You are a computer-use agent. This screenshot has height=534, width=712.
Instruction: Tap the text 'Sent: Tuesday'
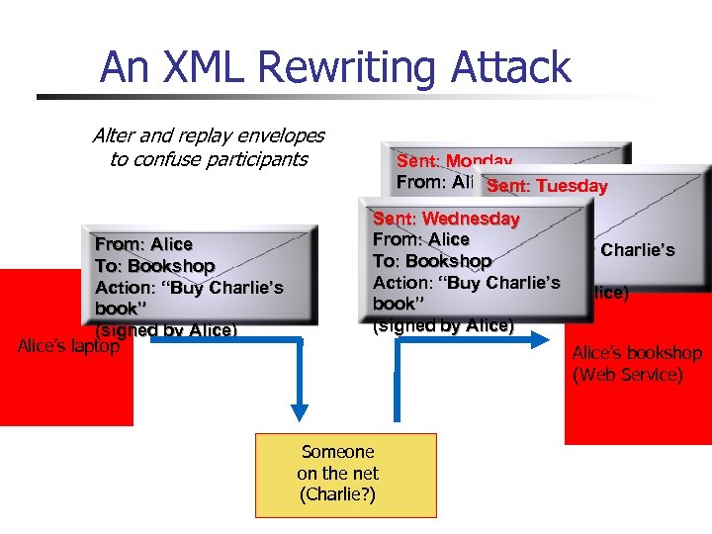(x=547, y=186)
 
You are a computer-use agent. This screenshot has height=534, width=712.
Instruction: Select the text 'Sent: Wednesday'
(x=446, y=218)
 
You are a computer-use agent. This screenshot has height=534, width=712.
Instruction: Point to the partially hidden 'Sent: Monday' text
(x=454, y=160)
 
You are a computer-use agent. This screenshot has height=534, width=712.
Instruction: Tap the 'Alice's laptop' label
(x=69, y=346)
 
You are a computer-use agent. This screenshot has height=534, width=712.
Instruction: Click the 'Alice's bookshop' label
(x=637, y=353)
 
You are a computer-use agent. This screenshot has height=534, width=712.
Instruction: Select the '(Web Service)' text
(x=627, y=375)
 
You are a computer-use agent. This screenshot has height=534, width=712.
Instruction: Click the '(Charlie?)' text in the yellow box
(x=337, y=494)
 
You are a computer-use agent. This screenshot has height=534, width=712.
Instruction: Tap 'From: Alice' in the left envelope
(x=143, y=243)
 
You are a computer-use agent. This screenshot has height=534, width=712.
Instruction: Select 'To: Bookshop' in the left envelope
(x=154, y=265)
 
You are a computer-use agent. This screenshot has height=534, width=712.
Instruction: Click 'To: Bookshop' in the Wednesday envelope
(x=432, y=261)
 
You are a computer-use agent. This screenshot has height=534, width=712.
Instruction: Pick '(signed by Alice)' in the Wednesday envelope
(x=443, y=325)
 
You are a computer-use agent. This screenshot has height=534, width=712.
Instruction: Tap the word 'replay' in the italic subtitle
(x=204, y=134)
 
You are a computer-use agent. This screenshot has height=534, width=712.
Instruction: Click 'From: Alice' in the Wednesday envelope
(x=420, y=239)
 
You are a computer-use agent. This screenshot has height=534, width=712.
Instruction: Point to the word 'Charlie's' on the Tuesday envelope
(x=638, y=250)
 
